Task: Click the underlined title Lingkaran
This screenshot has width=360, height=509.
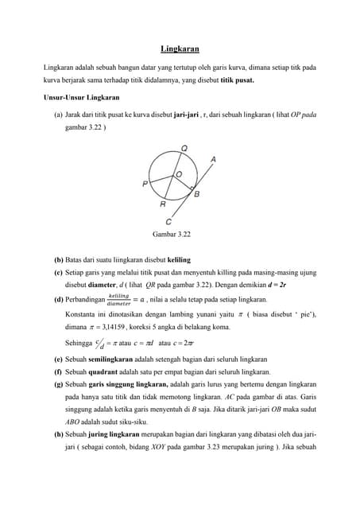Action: point(180,49)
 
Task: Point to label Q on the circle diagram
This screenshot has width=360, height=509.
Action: point(184,149)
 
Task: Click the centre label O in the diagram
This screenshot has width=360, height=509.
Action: point(178,173)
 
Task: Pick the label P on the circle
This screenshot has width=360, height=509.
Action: point(145,184)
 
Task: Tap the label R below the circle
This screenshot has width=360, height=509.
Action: point(163,204)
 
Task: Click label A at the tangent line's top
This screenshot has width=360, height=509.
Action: point(212,160)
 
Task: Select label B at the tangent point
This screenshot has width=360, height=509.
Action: point(196,192)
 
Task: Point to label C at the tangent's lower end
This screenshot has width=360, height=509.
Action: point(168,222)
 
